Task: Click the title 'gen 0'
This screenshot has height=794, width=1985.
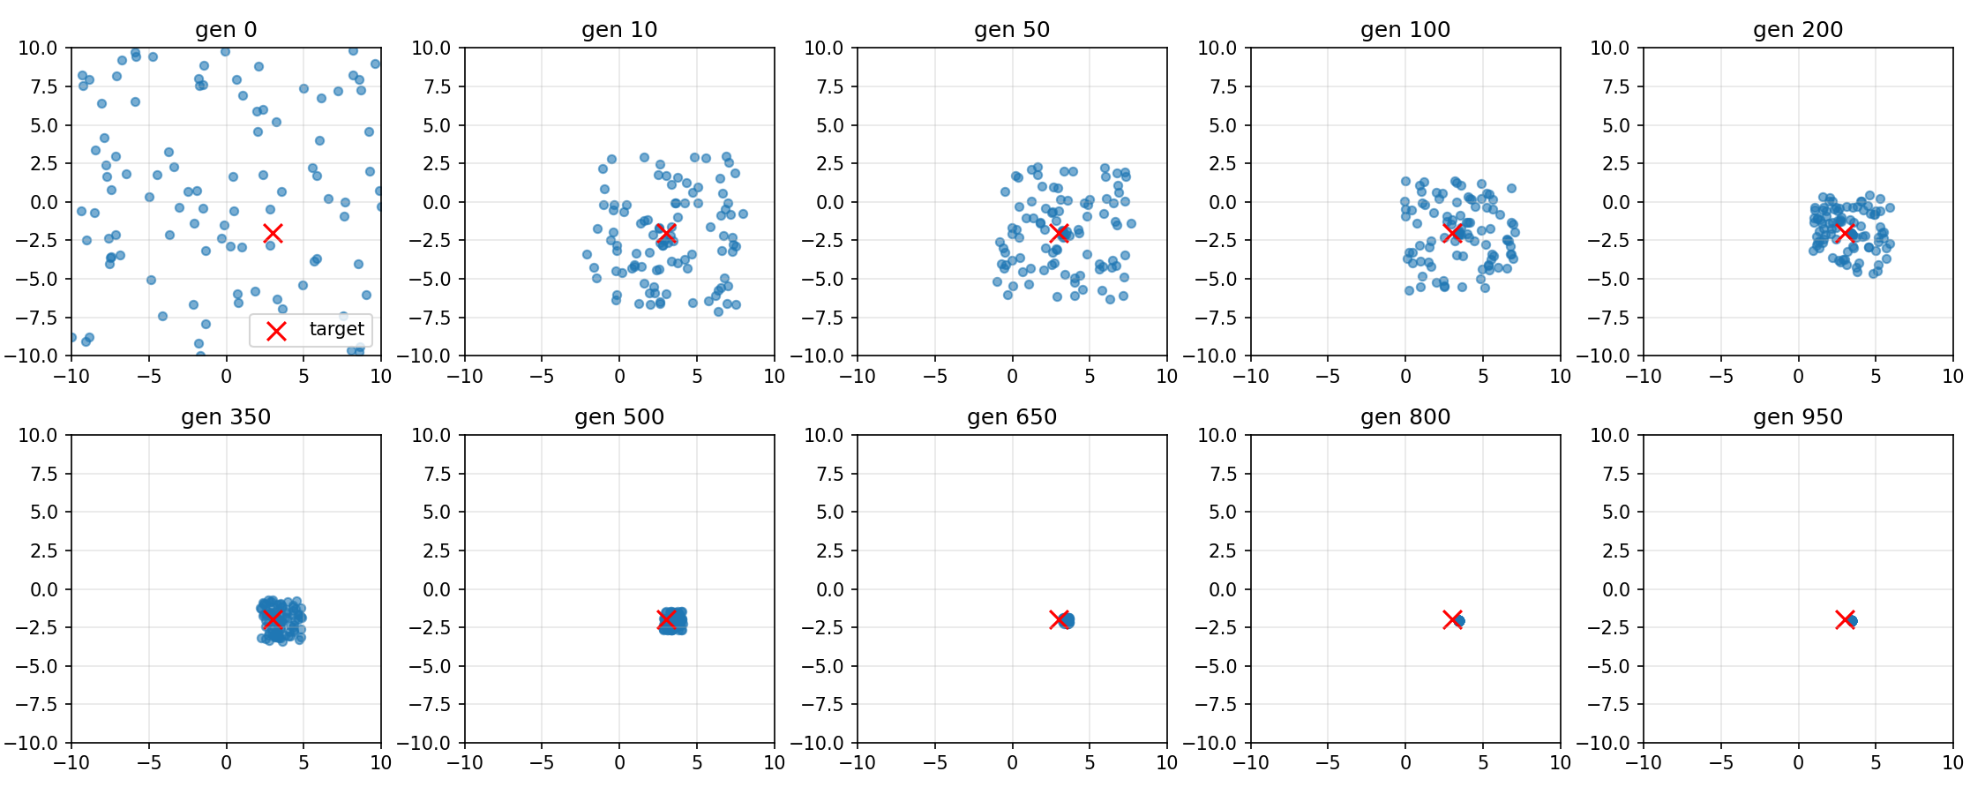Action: coord(226,29)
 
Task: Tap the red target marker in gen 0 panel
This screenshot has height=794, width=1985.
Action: coord(273,233)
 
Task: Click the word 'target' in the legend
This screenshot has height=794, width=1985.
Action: coord(336,329)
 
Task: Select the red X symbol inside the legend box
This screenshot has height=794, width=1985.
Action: coord(276,331)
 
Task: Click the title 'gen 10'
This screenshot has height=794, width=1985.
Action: coord(619,29)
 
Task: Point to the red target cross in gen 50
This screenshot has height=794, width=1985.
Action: coord(1059,233)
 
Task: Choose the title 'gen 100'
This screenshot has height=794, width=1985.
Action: coord(1405,29)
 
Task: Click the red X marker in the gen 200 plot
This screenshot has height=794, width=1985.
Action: coord(1845,233)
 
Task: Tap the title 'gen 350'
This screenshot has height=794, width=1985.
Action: coord(226,416)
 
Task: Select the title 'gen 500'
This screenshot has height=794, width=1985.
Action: coord(619,416)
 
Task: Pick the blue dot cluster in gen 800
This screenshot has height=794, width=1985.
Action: coord(1459,621)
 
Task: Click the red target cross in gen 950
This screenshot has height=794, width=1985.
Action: coord(1845,619)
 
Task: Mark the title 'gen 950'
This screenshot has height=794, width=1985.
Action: coord(1798,416)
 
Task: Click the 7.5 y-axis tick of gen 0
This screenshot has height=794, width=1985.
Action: coord(38,86)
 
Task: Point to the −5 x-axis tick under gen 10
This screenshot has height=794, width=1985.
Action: coord(542,376)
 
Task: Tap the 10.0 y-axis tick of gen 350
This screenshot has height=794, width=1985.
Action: coord(38,435)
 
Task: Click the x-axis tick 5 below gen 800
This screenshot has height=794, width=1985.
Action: coord(1483,763)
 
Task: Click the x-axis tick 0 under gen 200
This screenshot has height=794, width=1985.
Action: coord(1798,376)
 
